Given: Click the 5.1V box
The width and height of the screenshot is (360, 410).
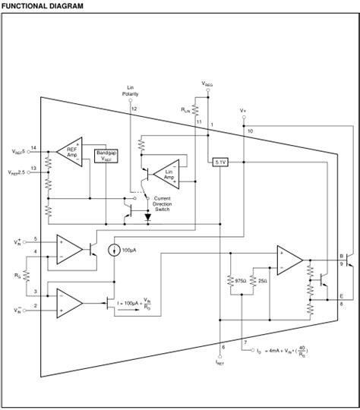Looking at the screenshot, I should [219, 162].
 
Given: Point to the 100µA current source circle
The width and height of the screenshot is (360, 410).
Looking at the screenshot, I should [114, 250].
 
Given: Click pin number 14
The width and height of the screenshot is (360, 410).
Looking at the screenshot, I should [33, 147].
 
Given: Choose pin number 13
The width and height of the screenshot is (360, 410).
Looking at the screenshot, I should [33, 169].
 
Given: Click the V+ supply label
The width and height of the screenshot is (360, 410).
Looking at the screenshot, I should [243, 110].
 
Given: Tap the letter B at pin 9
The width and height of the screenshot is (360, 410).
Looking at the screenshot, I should [342, 256].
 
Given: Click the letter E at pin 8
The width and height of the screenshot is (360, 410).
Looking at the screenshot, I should [342, 295].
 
